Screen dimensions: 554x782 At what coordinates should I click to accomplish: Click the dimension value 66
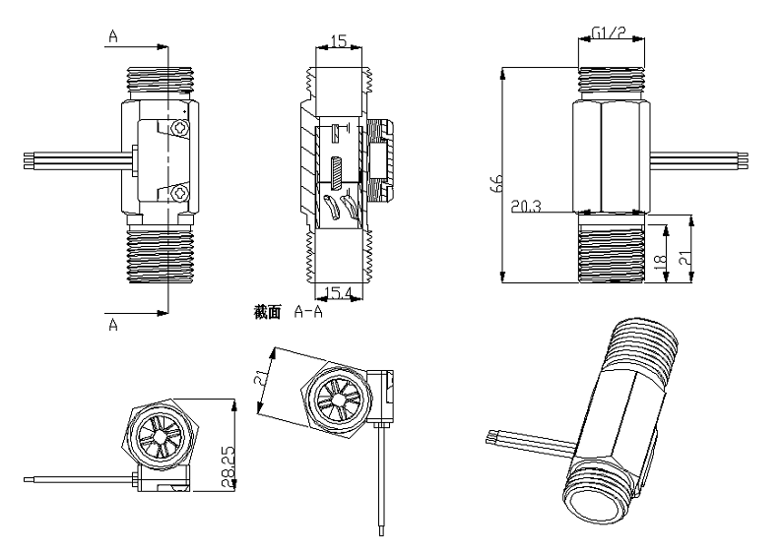(497, 181)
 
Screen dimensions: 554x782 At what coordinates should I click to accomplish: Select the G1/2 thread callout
(612, 33)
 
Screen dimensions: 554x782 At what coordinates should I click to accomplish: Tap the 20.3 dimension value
(527, 206)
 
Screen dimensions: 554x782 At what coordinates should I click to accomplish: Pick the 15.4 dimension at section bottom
(339, 294)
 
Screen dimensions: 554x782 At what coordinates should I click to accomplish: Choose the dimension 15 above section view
(339, 41)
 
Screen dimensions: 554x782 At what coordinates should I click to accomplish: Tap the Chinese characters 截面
(267, 312)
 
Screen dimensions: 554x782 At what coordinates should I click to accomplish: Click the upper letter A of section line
(114, 35)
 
